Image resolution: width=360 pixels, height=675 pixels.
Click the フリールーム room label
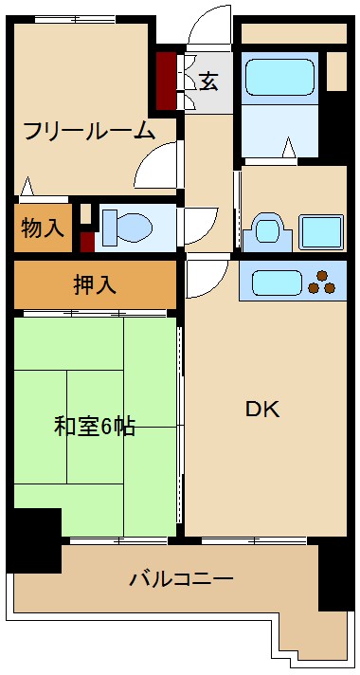click(x=88, y=131)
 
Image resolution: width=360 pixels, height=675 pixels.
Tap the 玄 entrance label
click(x=207, y=82)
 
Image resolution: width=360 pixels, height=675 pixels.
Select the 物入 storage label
click(x=43, y=228)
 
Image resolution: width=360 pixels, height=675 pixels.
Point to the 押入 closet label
click(x=96, y=283)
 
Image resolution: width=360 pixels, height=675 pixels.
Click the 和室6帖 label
click(x=94, y=426)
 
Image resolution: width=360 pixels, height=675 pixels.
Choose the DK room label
click(x=262, y=410)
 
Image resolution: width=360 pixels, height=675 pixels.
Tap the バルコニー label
click(x=181, y=577)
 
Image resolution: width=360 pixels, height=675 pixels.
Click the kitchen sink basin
click(x=276, y=282)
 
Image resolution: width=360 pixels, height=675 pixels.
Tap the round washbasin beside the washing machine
click(x=265, y=231)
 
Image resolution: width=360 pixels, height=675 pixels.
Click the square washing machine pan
click(x=320, y=231)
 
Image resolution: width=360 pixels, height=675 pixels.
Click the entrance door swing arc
click(x=208, y=27)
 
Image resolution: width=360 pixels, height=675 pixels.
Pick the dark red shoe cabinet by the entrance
click(x=167, y=82)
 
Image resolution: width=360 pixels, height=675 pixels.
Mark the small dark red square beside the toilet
click(x=87, y=241)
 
